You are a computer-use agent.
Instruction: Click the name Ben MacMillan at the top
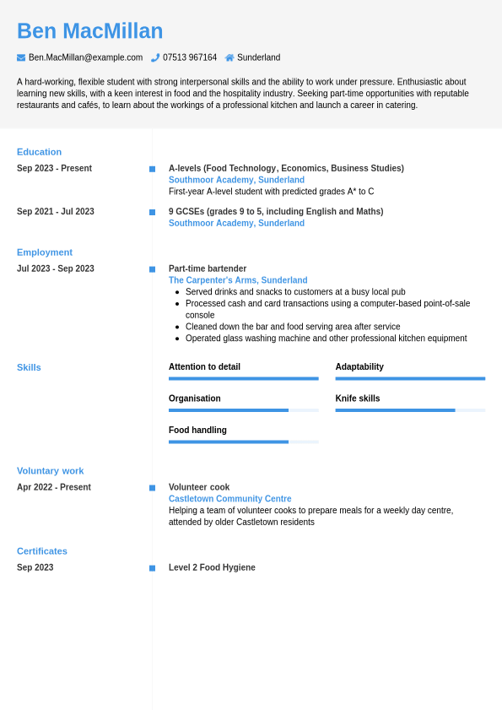[89, 31]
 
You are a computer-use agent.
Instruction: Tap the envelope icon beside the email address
[21, 57]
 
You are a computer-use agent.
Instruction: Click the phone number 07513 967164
[189, 57]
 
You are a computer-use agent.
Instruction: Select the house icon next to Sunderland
[229, 57]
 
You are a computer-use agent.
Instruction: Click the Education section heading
[39, 152]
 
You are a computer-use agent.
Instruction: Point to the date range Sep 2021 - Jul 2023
[56, 212]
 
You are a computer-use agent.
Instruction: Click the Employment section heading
[45, 252]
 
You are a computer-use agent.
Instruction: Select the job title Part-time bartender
[208, 268]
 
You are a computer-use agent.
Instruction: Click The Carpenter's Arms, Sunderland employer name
[238, 280]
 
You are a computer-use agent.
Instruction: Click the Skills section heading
[29, 367]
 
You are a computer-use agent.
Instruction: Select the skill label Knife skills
[358, 398]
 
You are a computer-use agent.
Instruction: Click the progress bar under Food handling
[243, 442]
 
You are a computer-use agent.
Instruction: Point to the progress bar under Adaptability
[410, 378]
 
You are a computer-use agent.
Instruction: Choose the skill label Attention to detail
[204, 367]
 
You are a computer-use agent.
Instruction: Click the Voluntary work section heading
[51, 471]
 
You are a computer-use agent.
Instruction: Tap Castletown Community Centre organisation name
[229, 499]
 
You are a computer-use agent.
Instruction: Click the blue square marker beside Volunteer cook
[152, 488]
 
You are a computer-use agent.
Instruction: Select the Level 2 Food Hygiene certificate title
[212, 567]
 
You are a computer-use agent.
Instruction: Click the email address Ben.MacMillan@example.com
[85, 57]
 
